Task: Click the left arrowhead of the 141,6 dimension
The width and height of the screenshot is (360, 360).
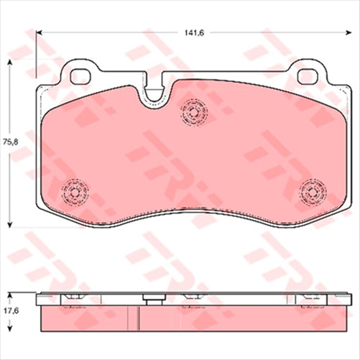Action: (40, 32)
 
